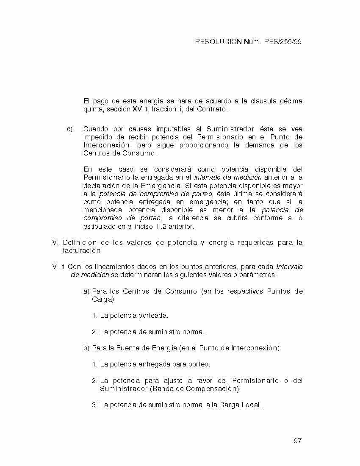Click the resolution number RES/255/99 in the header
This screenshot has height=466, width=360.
click(x=282, y=42)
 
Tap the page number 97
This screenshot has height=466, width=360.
click(x=297, y=441)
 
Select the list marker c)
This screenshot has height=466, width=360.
click(x=70, y=129)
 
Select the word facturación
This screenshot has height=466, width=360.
click(x=81, y=251)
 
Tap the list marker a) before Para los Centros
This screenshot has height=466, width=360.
click(x=86, y=291)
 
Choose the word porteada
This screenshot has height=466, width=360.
click(x=154, y=316)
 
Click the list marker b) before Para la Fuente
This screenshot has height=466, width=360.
click(x=86, y=348)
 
